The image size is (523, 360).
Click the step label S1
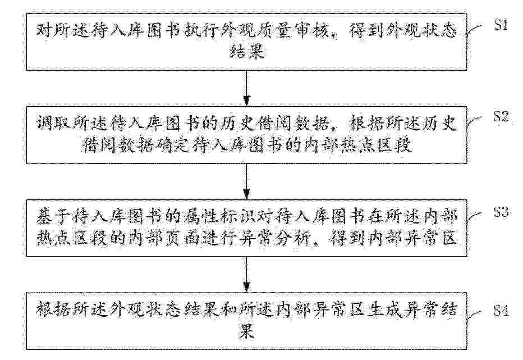tap(501, 25)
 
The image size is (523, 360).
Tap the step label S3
tap(501, 212)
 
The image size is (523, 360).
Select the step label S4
tap(501, 311)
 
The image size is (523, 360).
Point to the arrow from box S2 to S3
tap(246, 181)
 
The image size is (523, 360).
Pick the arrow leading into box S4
tap(246, 274)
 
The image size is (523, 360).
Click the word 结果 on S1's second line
tap(246, 52)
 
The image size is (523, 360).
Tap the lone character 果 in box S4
tap(246, 331)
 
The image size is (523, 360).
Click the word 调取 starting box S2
tap(53, 124)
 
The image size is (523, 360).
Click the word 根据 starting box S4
tap(53, 309)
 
